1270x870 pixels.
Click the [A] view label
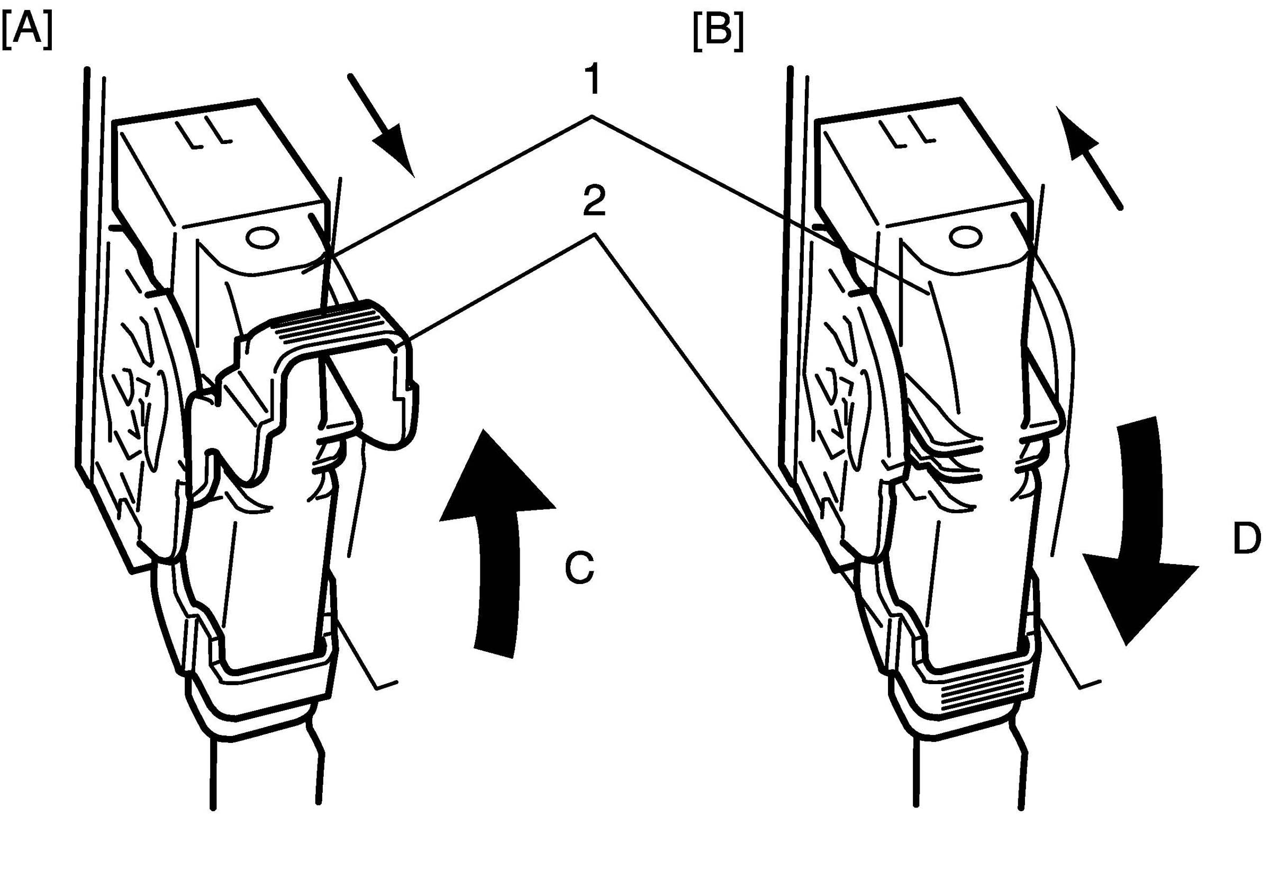coord(28,32)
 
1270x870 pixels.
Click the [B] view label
coord(718,33)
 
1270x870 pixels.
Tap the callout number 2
coord(594,204)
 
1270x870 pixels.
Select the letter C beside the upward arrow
coord(579,569)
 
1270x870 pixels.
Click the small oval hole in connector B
coord(965,237)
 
